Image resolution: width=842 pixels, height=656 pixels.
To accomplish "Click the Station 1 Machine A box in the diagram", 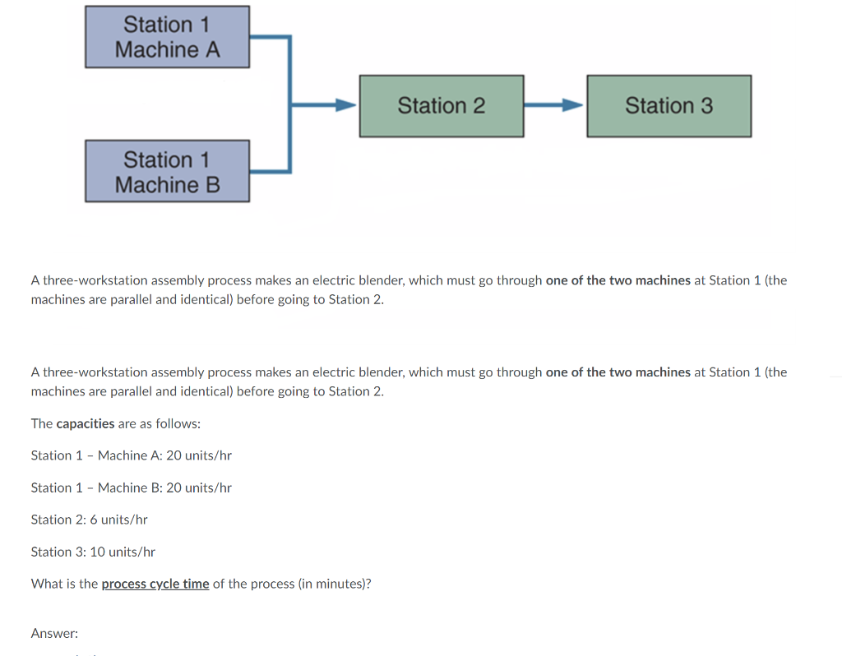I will [x=167, y=37].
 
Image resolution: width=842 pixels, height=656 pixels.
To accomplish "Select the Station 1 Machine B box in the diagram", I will [x=167, y=171].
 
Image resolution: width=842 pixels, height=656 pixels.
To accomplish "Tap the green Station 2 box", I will [x=441, y=106].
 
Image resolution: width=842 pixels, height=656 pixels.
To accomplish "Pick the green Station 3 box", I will [x=669, y=106].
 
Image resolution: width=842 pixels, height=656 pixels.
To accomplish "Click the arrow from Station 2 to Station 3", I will [x=554, y=105].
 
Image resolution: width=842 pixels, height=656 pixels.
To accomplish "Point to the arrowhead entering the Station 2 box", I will [x=346, y=105].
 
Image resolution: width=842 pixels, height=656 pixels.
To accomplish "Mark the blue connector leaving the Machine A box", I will [x=270, y=37].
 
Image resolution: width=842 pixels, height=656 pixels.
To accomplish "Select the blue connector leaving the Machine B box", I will [x=270, y=171].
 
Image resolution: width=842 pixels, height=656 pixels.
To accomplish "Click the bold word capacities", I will [x=85, y=423].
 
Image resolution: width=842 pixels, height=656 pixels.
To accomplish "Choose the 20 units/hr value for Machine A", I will [x=199, y=455].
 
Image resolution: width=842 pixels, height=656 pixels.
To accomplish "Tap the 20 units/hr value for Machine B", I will [x=199, y=487].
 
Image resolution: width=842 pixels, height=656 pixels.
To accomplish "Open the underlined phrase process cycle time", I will [x=155, y=584].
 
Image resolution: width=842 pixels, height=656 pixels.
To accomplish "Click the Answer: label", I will [x=54, y=633].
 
